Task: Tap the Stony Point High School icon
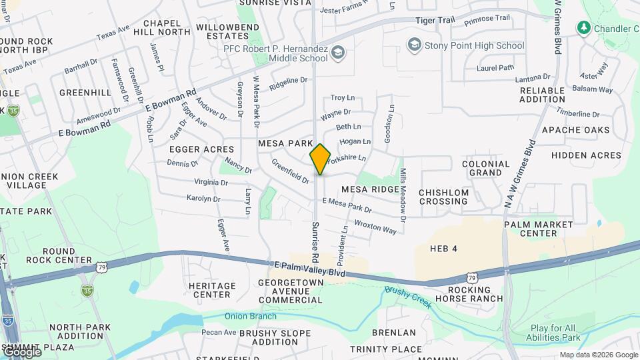click(414, 45)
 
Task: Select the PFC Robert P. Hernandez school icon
click(339, 52)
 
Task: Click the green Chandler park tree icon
click(584, 28)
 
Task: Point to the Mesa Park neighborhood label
click(285, 143)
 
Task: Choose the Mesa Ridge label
click(370, 189)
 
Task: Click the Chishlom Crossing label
click(443, 197)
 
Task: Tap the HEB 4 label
click(444, 249)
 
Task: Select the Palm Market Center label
click(539, 229)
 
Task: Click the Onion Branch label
click(240, 317)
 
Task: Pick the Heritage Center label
click(212, 290)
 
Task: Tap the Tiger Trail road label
click(435, 21)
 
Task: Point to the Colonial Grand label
click(485, 168)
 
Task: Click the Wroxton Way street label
click(375, 227)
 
